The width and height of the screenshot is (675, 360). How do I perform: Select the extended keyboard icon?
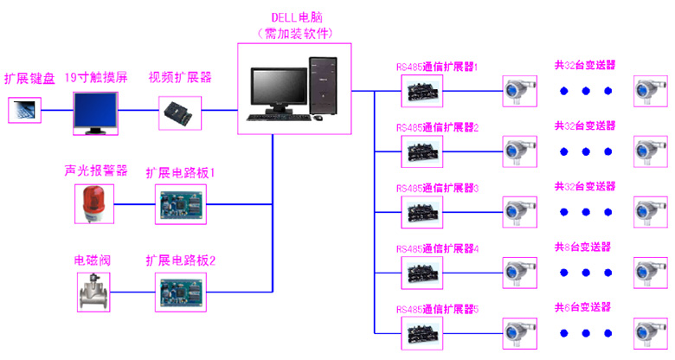(25, 109)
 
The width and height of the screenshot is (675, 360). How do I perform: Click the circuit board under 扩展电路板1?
(180, 204)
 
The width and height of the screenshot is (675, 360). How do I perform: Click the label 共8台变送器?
(582, 247)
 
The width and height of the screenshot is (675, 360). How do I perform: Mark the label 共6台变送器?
(582, 306)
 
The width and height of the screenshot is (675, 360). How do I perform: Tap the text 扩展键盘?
(29, 79)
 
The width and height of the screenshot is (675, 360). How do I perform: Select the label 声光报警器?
(95, 170)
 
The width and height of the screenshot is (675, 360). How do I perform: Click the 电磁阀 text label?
(91, 260)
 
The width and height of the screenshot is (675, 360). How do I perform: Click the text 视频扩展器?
(180, 77)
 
